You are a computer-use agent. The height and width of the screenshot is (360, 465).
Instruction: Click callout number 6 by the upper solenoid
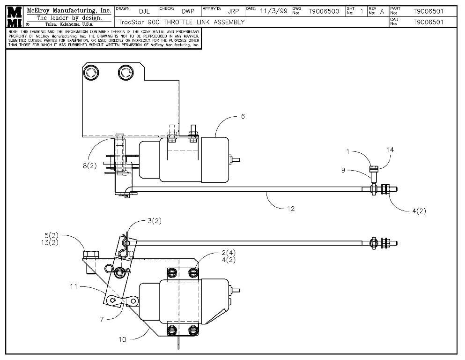pos(243,116)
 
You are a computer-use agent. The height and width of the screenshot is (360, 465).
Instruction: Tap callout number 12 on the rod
pos(291,209)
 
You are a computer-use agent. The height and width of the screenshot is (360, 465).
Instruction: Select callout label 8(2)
pos(89,166)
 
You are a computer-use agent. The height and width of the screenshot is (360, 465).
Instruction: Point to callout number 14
pos(390,150)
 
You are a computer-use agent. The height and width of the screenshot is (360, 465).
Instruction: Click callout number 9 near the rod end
pos(343,170)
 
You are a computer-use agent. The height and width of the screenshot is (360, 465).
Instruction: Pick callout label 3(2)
pos(154,221)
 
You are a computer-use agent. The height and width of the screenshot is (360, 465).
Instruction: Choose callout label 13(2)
pos(52,242)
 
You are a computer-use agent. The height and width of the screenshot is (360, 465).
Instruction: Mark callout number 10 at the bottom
pos(122,338)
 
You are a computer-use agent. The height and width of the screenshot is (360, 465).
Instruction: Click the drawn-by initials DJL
pos(144,11)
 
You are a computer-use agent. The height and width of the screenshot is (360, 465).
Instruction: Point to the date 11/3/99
pos(274,11)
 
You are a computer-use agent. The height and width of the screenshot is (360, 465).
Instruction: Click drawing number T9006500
pos(324,11)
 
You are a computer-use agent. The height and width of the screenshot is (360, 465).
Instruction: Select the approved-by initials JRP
pos(233,11)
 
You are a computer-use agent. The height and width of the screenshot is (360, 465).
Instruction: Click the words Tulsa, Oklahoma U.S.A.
pos(69,24)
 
